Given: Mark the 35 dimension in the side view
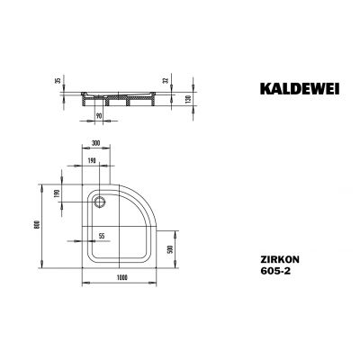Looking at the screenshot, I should [58, 81].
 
